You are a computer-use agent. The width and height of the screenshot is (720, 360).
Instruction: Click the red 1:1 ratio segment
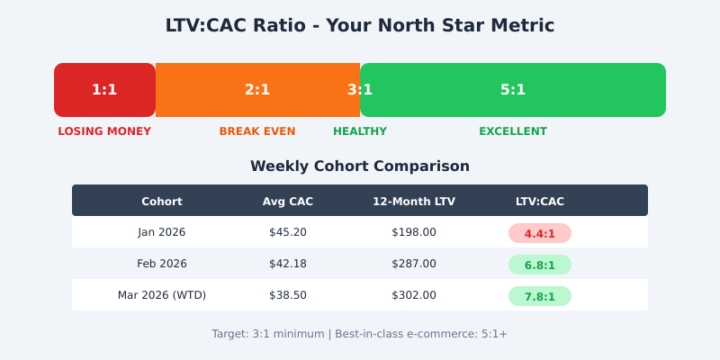point(104,90)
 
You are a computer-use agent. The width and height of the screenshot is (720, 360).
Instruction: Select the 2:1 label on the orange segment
point(257,90)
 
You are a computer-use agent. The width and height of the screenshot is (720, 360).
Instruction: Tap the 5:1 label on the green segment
point(513,90)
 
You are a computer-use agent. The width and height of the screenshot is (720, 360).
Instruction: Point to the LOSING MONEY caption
point(104,131)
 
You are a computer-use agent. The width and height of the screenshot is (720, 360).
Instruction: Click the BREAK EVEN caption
point(257,131)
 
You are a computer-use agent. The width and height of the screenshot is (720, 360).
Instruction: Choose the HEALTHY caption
point(360,131)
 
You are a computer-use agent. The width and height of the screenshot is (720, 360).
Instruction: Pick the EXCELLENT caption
point(513,131)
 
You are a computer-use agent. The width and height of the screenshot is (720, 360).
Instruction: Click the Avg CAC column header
point(288,202)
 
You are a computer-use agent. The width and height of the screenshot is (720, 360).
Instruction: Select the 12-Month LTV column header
point(414,202)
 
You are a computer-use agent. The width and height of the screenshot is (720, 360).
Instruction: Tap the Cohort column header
point(162,202)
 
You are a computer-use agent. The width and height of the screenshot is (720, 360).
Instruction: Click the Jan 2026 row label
point(162,232)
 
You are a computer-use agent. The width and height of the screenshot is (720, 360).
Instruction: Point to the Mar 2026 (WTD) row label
point(162,295)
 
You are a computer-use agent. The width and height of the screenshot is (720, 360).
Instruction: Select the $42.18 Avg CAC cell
point(288,264)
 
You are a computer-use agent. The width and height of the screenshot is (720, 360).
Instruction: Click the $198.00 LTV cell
point(414,232)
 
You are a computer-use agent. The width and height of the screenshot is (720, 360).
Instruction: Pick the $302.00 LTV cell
point(414,295)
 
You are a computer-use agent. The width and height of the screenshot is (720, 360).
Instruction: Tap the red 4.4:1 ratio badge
point(540,233)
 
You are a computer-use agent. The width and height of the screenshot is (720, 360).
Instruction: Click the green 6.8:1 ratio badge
point(540,265)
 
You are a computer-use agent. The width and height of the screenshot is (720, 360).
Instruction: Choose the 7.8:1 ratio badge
point(540,296)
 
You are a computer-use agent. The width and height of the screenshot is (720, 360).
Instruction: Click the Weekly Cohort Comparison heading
point(360,166)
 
